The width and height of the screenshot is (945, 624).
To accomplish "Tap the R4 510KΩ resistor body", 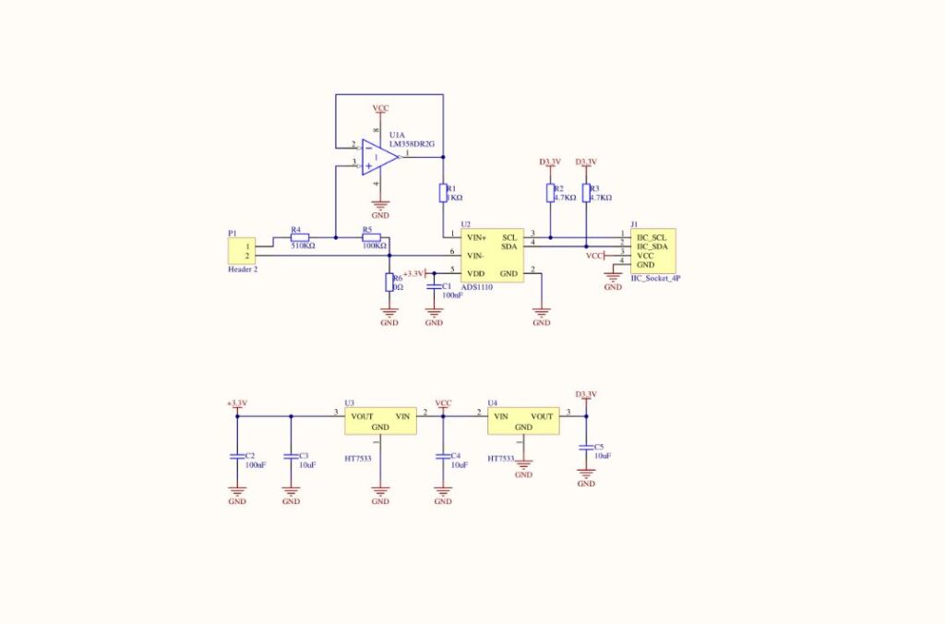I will tap(299, 237).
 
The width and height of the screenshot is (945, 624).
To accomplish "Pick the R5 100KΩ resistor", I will tap(371, 237).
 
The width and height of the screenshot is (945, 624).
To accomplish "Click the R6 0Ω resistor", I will tap(389, 282).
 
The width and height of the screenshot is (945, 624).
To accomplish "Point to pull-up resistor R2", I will tap(549, 192).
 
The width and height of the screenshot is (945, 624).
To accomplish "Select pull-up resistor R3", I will tap(585, 192).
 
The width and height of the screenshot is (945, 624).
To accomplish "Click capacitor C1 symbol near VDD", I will tap(434, 287).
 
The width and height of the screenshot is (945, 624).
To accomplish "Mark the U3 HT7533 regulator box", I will tap(379, 422).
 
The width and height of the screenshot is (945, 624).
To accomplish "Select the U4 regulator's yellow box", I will tap(523, 421).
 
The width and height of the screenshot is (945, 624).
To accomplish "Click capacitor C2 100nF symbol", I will tap(237, 456).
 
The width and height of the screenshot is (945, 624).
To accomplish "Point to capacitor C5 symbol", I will tap(585, 448).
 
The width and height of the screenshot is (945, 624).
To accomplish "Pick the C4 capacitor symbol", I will tap(443, 456).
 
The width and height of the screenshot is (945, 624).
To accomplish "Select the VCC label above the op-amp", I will tap(380, 109).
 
